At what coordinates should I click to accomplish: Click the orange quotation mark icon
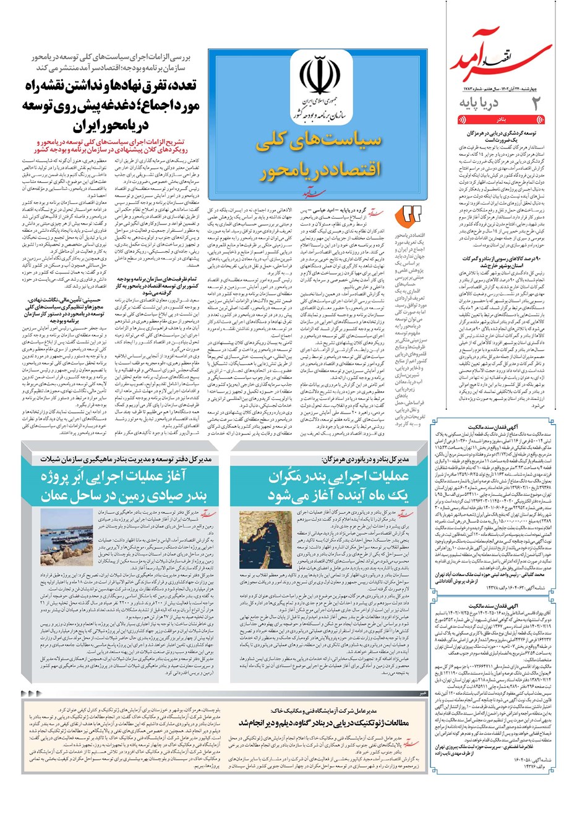pyautogui.click(x=411, y=214)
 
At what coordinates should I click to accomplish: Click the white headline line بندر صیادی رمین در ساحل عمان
pyautogui.click(x=123, y=496)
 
